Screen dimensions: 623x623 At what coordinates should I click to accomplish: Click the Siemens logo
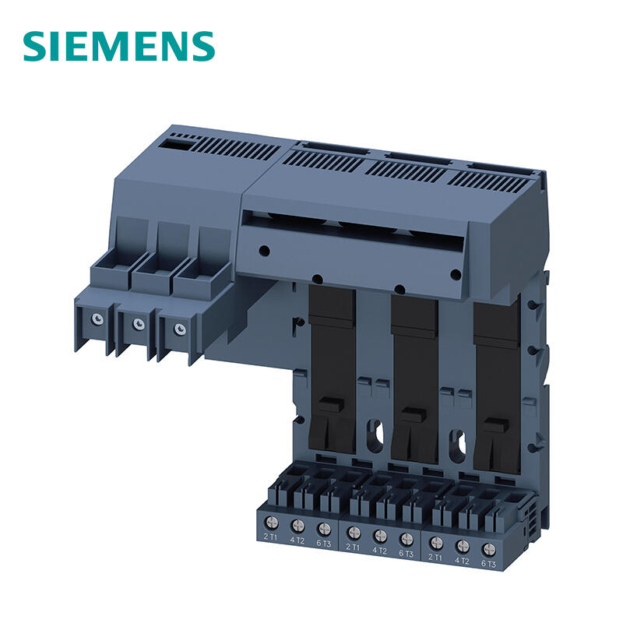pos(119,46)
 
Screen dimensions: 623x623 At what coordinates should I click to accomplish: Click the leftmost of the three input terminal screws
pos(97,319)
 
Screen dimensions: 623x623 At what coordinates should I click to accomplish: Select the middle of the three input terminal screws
pos(139,323)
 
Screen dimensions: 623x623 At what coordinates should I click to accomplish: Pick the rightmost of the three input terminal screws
pos(180,329)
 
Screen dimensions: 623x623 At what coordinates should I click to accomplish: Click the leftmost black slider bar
pos(333,368)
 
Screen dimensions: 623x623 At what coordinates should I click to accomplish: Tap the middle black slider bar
pos(415,379)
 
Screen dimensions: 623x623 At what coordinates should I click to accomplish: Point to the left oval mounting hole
pos(375,435)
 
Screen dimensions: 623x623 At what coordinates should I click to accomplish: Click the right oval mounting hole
pos(458,445)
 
